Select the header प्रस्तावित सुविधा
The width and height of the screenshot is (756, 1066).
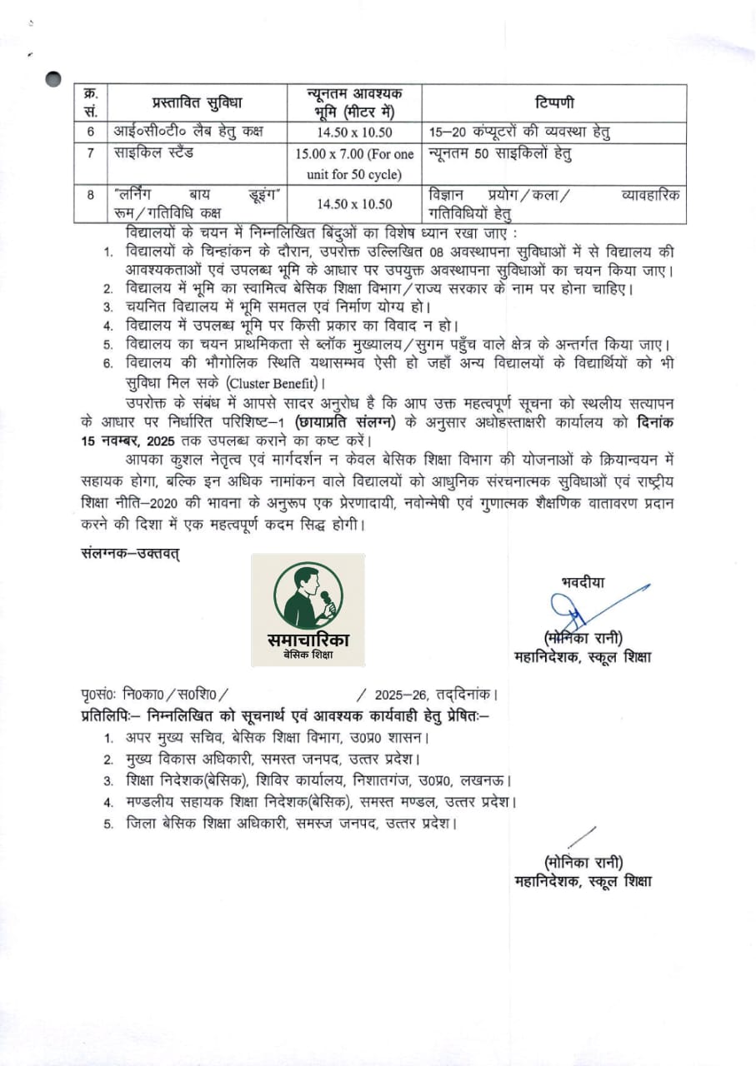tap(197, 103)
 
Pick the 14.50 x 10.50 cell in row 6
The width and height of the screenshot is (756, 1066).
tap(355, 132)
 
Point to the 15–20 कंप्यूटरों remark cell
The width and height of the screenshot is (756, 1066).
tap(518, 132)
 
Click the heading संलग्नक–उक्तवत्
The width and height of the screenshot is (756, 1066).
tap(129, 551)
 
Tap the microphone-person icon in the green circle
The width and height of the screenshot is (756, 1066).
tap(308, 597)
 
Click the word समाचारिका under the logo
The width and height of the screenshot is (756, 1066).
tap(308, 640)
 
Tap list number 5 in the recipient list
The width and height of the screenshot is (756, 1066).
tap(108, 824)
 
